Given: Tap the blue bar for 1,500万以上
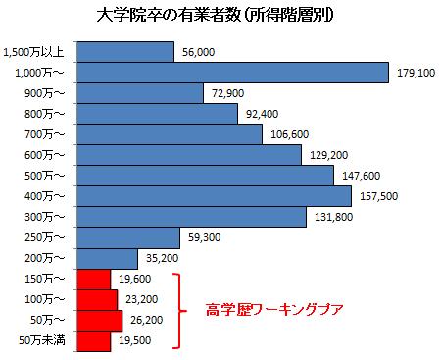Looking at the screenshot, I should pyautogui.click(x=123, y=52).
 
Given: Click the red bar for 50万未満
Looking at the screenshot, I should pyautogui.click(x=92, y=341).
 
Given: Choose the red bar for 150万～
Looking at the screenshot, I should pyautogui.click(x=92, y=280).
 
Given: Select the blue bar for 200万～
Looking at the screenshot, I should pyautogui.click(x=109, y=259).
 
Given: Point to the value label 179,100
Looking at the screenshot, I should pyautogui.click(x=415, y=73).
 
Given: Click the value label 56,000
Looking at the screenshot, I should pyautogui.click(x=199, y=52).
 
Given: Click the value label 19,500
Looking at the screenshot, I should pyautogui.click(x=134, y=341).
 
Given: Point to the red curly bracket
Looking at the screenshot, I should pyautogui.click(x=179, y=311).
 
